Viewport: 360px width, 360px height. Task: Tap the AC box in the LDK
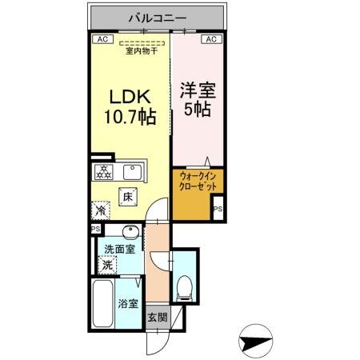[x=102, y=38]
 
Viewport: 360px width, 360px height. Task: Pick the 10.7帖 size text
[x=128, y=117]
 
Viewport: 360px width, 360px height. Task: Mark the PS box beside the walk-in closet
[x=217, y=210]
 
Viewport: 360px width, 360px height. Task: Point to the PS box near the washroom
[x=95, y=228]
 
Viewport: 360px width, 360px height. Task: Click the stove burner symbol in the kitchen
[x=104, y=171]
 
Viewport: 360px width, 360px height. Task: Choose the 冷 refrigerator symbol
[x=102, y=210]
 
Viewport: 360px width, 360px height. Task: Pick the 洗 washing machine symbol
[x=105, y=265]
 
